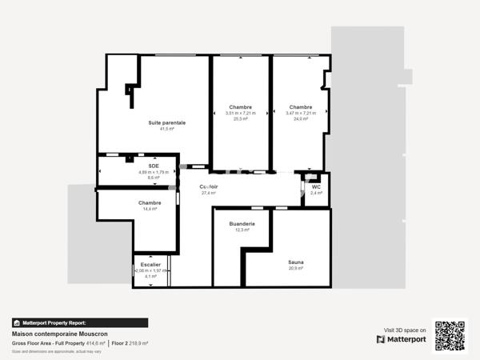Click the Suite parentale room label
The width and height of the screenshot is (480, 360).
coord(166,122)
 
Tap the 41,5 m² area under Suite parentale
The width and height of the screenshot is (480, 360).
coord(166,129)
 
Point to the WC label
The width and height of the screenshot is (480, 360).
coord(316,186)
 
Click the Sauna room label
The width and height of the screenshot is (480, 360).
coord(295,262)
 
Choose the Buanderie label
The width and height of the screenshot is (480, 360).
coord(242,223)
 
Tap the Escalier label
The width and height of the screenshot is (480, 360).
coord(150,264)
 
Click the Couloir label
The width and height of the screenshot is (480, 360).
coord(210,186)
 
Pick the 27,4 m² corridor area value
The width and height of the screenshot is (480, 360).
coord(209,193)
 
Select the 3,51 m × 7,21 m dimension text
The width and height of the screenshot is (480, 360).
coord(240,113)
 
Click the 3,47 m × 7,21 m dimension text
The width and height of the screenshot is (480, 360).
coord(301,113)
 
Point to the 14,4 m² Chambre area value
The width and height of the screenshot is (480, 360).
coord(150,209)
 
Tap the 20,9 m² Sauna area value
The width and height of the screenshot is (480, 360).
coord(295,268)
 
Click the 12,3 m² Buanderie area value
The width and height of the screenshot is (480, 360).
coord(242,230)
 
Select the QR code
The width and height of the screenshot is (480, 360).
coord(450,335)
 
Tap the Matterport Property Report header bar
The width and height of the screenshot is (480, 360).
coord(80,322)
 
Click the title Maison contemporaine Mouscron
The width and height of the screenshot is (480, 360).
coord(59,334)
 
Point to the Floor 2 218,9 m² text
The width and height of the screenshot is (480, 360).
coord(130,342)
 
